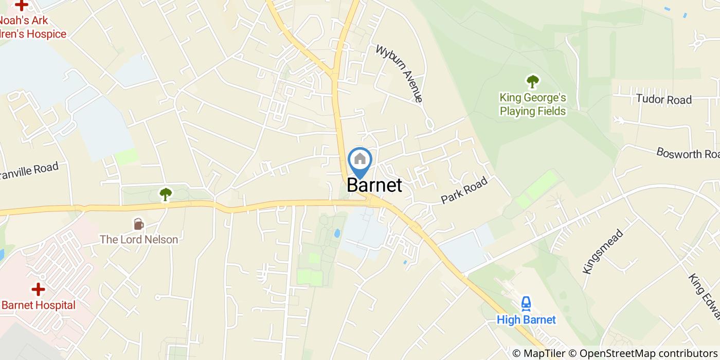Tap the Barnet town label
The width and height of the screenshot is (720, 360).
[x=374, y=185]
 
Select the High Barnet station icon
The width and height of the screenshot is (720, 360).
[x=526, y=303]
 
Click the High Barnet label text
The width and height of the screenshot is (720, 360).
[x=526, y=320]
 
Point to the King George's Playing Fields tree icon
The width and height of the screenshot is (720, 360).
[x=532, y=81]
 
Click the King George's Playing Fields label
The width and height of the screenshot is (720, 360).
[x=533, y=104]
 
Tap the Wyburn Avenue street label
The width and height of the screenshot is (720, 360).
[x=400, y=74]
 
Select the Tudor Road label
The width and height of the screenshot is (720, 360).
[x=663, y=99]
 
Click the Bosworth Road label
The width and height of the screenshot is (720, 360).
[x=687, y=153]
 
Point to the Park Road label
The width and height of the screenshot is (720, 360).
[x=464, y=191]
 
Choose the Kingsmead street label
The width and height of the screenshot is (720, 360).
[x=603, y=251]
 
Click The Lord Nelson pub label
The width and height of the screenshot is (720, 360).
[x=139, y=240]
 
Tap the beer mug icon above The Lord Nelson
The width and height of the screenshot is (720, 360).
[x=138, y=224]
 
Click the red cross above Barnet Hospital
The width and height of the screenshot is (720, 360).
[x=38, y=290]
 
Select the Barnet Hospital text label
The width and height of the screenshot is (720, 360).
[x=39, y=305]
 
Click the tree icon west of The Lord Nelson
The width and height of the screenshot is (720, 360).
[x=165, y=194]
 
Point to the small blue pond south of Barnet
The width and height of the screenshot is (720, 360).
[x=337, y=233]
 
